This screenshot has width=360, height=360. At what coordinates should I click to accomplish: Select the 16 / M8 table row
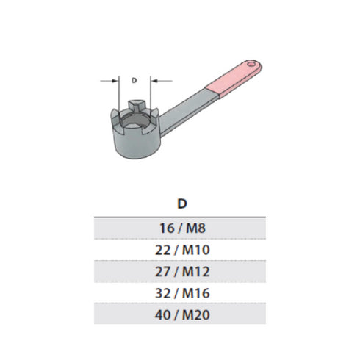[x=180, y=227]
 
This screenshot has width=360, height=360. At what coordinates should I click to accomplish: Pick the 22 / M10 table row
[x=180, y=249]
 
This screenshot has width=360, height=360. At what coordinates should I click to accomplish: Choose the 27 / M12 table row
[x=180, y=272]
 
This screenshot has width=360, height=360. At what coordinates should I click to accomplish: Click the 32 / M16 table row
[x=180, y=294]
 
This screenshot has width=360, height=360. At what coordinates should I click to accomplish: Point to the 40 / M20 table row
[x=180, y=316]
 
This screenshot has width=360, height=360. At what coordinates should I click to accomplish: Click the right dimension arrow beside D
[x=157, y=81]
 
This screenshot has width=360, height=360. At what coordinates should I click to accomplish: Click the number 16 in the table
[x=165, y=227]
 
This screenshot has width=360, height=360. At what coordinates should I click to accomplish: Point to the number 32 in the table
[x=163, y=294]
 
